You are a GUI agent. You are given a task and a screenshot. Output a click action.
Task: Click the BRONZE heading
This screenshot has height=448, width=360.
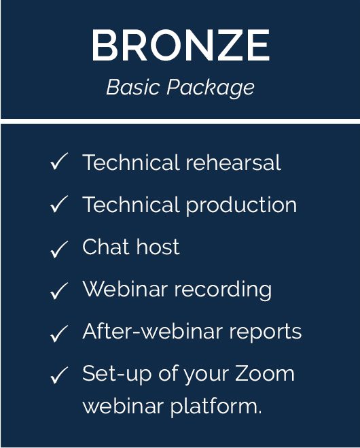(181, 45)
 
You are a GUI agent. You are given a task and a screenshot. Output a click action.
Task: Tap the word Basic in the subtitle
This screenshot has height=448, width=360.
(132, 87)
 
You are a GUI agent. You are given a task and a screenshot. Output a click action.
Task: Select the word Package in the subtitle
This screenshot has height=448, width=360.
(211, 88)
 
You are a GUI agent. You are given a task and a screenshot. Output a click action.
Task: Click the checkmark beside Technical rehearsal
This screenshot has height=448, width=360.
(59, 161)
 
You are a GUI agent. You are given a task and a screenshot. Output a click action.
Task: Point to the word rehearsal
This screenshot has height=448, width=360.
(233, 162)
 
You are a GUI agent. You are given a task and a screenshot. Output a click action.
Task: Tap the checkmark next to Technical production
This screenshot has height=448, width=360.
(59, 204)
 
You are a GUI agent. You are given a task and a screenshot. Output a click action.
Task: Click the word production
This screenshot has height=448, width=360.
(241, 206)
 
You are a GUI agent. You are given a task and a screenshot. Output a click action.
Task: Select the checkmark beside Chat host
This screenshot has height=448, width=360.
(59, 249)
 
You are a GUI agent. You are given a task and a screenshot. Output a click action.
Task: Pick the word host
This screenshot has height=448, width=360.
(158, 246)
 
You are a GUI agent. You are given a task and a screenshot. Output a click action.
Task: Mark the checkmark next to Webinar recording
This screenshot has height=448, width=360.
(59, 290)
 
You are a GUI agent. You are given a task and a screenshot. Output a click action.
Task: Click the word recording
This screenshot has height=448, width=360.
(223, 290)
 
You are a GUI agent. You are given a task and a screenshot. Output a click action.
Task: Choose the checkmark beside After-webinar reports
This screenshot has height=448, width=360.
(59, 333)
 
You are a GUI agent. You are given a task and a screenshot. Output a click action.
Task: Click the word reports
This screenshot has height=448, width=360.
(265, 332)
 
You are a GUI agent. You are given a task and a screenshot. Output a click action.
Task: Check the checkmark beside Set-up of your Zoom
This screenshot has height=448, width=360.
(59, 375)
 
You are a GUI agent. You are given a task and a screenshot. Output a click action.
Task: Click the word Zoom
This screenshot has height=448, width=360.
(265, 373)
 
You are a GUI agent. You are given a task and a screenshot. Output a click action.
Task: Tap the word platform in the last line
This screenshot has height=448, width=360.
(216, 407)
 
